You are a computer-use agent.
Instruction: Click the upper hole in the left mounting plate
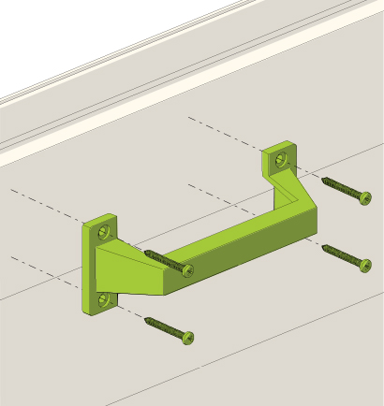point(104,229)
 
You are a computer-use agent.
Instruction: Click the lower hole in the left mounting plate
point(104,299)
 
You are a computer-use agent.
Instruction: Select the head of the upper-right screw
point(364,197)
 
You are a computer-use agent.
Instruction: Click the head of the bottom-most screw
point(189,337)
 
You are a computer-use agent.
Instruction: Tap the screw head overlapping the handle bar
point(187,271)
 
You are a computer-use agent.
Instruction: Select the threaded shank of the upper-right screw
point(341,186)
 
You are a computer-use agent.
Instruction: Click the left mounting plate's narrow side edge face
point(87,271)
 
